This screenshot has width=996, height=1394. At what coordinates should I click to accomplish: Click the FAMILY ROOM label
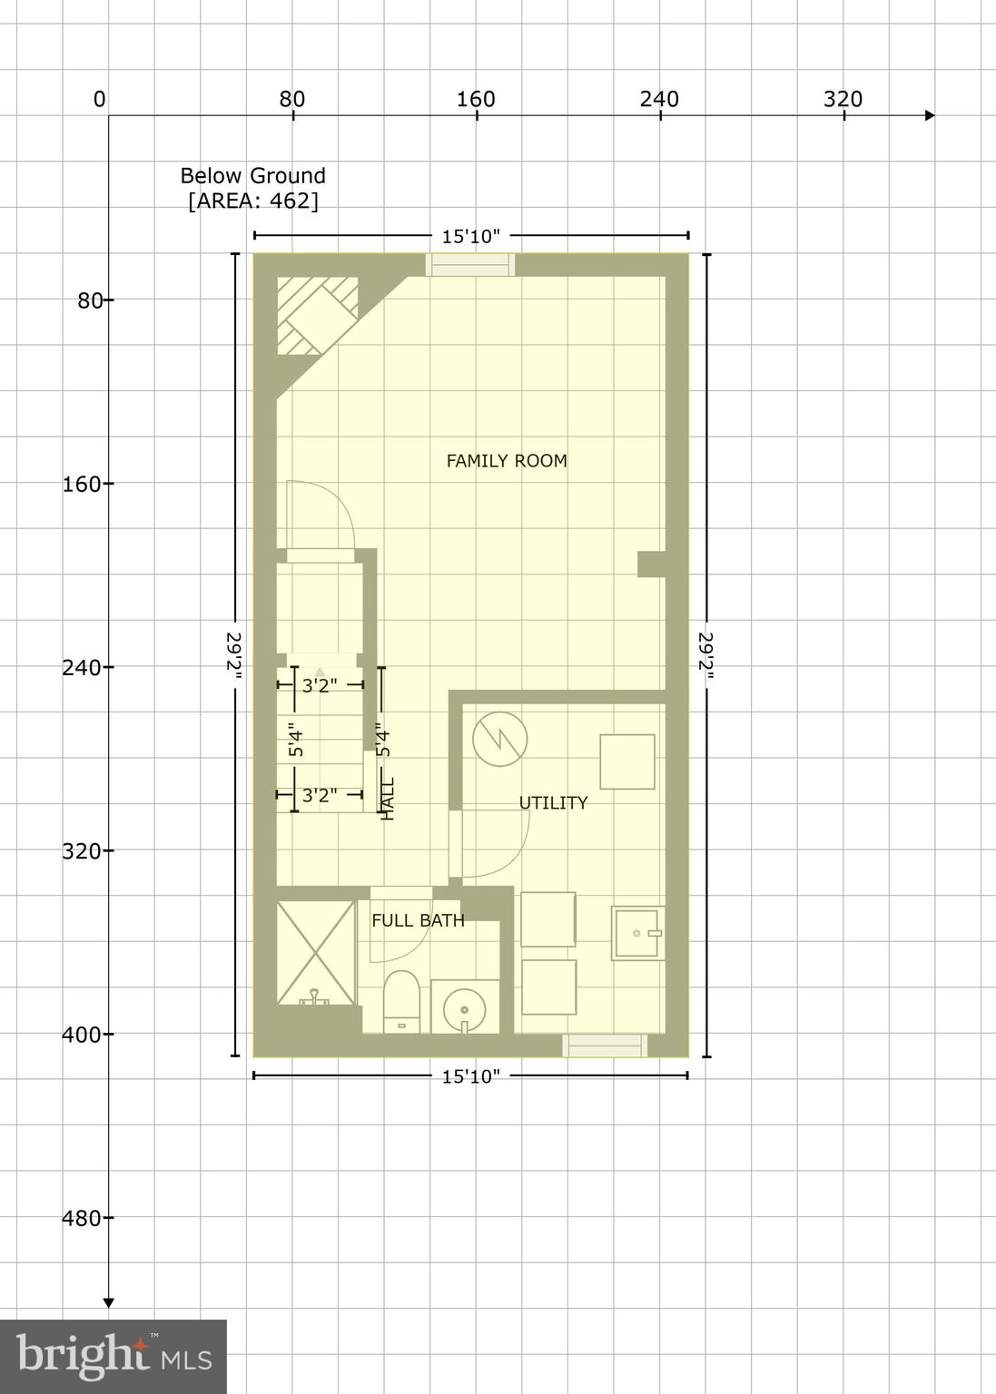pos(507,461)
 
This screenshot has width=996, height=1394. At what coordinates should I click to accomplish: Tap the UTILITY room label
pos(553,803)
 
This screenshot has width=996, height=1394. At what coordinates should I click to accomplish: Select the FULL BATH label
pos(418,920)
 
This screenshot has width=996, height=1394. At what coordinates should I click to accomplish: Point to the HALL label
pos(389,799)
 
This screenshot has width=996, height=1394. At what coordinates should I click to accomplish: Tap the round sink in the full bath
pos(465,1006)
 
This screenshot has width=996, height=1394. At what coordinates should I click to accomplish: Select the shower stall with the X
pos(315,952)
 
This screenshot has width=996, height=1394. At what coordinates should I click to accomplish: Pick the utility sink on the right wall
pos(639,933)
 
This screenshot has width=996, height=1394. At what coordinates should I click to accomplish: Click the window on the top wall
pos(470,264)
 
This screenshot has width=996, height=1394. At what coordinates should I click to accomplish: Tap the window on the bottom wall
pos(605,1045)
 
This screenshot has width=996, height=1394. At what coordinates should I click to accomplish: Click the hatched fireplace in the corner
pos(317,314)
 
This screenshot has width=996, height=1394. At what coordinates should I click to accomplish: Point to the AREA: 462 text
pos(253,201)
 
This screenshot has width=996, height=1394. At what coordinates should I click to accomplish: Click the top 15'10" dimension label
pos(471,237)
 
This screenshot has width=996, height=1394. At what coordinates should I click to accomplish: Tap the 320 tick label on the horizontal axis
pos(843,99)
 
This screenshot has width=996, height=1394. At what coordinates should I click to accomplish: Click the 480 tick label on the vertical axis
pos(82,1218)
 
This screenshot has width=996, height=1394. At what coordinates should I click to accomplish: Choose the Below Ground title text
pos(252,176)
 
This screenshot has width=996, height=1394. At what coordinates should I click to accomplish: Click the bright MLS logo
pos(113,1357)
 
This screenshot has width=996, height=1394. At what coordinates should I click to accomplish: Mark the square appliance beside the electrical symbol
pos(626,761)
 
